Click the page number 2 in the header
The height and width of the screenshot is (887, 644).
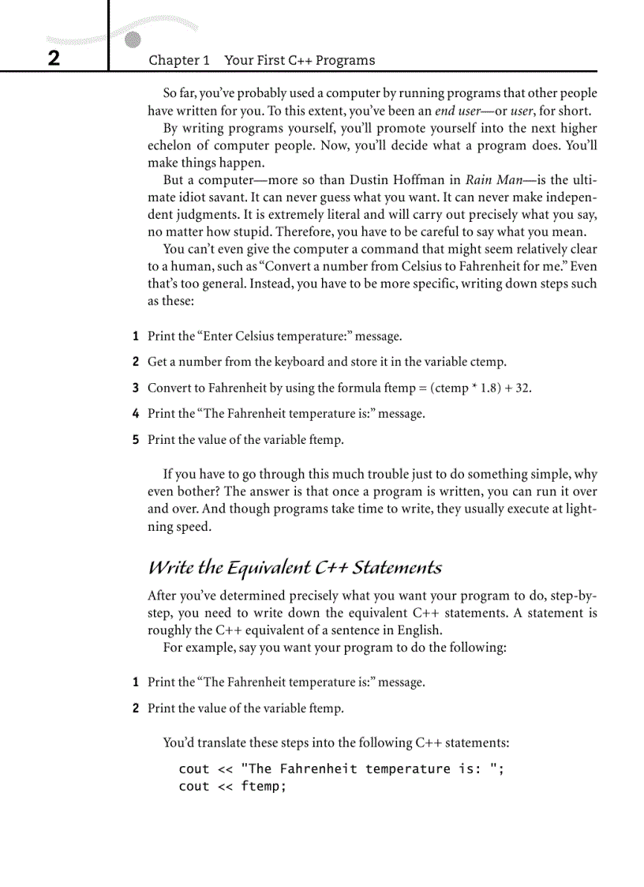click(x=53, y=59)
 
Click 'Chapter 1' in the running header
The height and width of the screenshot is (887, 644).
click(x=179, y=60)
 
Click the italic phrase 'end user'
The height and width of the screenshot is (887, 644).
click(x=460, y=111)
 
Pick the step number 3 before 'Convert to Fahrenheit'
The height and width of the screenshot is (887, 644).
click(x=136, y=388)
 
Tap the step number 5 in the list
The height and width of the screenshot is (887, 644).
click(x=136, y=440)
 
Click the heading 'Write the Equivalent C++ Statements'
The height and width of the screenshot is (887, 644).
click(x=294, y=568)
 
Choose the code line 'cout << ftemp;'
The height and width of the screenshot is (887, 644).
click(x=232, y=787)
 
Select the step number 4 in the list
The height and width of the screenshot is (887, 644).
click(x=136, y=414)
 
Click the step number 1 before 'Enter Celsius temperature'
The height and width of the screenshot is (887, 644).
click(x=136, y=336)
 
